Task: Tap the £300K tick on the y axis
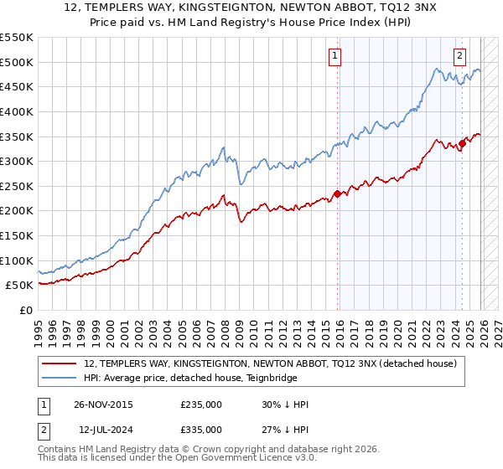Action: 17,161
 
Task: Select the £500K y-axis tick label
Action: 17,62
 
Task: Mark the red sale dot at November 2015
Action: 337,194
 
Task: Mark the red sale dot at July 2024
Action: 462,143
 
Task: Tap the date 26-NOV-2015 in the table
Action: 103,405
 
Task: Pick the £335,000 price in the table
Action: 201,430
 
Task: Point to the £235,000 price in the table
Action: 201,405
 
